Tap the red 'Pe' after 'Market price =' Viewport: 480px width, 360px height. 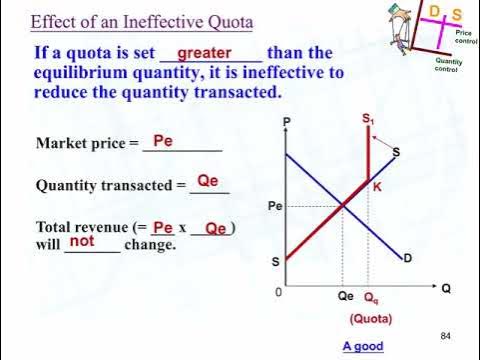pyautogui.click(x=163, y=142)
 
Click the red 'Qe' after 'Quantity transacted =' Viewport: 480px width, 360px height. pyautogui.click(x=207, y=181)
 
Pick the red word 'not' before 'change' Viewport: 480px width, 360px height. pyautogui.click(x=82, y=241)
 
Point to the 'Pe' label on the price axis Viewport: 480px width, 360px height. pyautogui.click(x=277, y=206)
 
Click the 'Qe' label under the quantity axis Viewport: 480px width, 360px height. pyautogui.click(x=344, y=297)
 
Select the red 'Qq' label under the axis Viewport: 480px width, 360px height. pyautogui.click(x=370, y=298)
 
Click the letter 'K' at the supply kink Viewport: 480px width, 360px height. pyautogui.click(x=377, y=186)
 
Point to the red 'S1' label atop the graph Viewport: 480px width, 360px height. pyautogui.click(x=368, y=119)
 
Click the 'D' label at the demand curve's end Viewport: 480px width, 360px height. pyautogui.click(x=409, y=258)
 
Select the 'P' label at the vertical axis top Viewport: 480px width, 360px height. pyautogui.click(x=286, y=122)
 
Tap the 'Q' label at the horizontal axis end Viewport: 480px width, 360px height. pyautogui.click(x=446, y=288)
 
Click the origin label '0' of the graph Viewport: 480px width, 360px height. pyautogui.click(x=278, y=293)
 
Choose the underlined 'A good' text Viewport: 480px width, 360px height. pyautogui.click(x=363, y=346)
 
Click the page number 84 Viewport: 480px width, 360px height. pyautogui.click(x=446, y=335)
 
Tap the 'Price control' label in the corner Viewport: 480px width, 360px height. pyautogui.click(x=465, y=37)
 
